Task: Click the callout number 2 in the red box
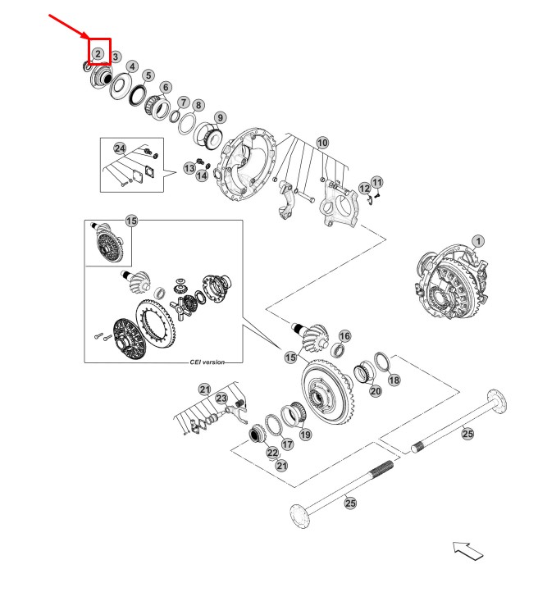point(98,53)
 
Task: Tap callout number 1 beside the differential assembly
point(478,241)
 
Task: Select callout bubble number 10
point(323,143)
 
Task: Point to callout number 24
point(121,148)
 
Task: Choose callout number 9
point(221,117)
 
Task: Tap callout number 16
point(344,336)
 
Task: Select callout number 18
point(394,380)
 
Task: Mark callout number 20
point(376,391)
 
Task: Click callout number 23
point(221,398)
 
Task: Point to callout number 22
point(272,452)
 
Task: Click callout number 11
point(376,181)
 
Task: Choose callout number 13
point(189,167)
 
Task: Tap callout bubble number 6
point(166,87)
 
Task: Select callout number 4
point(132,66)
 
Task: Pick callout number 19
point(304,435)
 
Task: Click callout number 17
point(287,444)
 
